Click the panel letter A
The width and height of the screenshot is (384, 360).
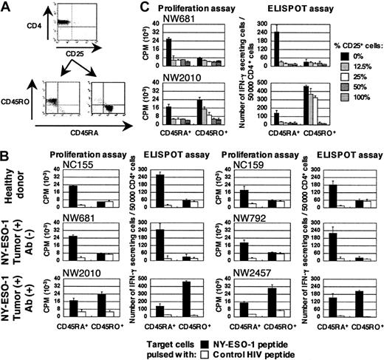[6, 7]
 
